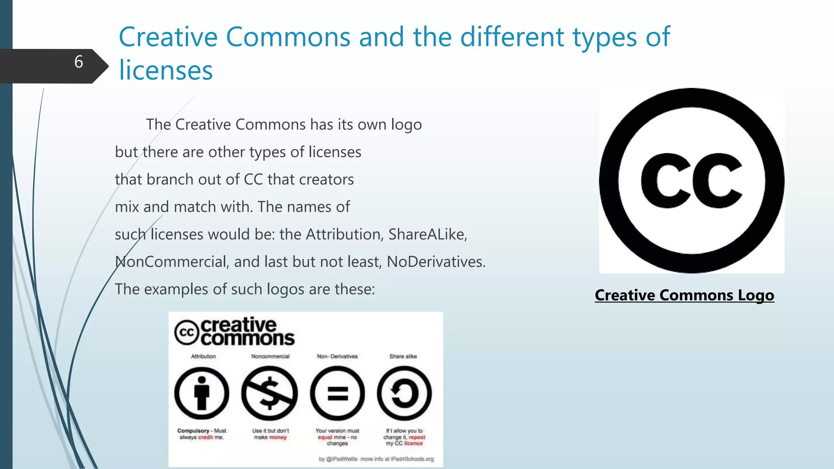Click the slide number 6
[79, 62]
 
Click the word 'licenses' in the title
[166, 70]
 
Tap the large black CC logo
[691, 180]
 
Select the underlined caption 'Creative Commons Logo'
[684, 295]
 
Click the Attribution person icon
[202, 393]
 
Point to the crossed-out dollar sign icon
[269, 393]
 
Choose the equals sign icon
[337, 393]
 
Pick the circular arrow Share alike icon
[404, 393]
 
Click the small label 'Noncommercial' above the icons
[270, 356]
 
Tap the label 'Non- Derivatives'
[337, 356]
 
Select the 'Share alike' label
[403, 356]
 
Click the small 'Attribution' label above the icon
[204, 356]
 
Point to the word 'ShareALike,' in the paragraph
[428, 234]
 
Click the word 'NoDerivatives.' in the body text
[436, 262]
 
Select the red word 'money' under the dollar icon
[278, 437]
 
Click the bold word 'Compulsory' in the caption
[193, 431]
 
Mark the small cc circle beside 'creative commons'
[187, 333]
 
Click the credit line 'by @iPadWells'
[338, 459]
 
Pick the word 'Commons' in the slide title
[288, 37]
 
